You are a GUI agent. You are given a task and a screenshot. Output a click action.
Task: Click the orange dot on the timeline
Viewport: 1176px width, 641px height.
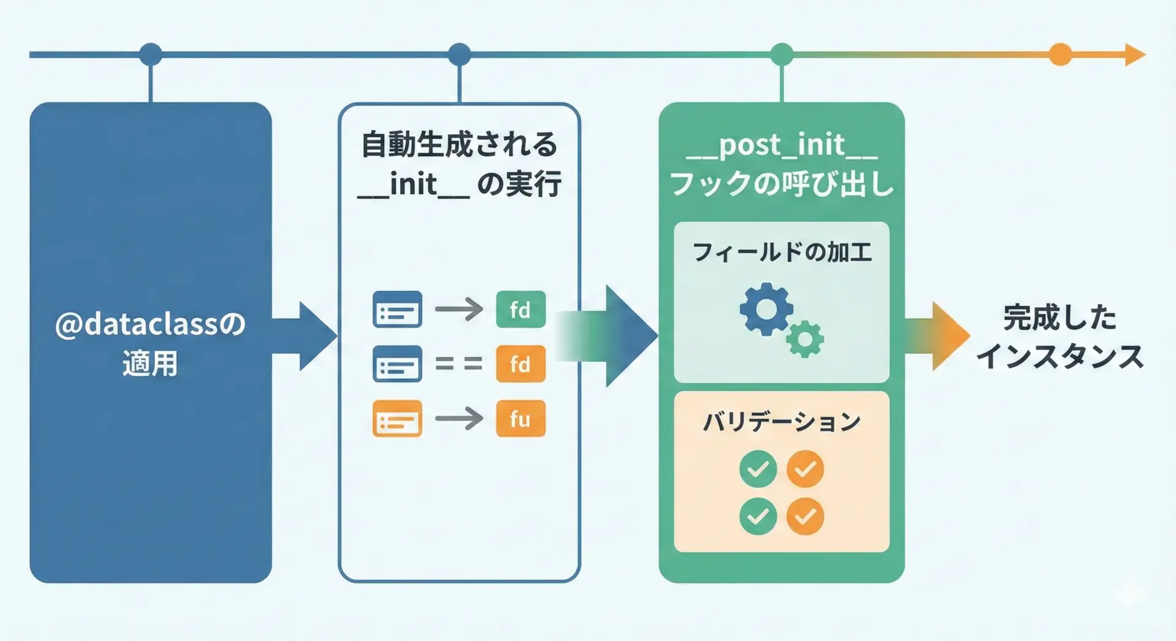(x=1060, y=54)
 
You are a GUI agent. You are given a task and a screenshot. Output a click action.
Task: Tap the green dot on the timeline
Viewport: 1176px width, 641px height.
(x=782, y=54)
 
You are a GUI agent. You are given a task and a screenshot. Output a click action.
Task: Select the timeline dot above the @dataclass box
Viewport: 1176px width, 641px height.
(x=151, y=54)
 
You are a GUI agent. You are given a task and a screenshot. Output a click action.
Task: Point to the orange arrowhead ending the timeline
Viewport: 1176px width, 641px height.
(x=1135, y=54)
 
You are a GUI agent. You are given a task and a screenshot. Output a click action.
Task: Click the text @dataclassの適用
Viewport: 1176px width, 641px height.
(x=150, y=343)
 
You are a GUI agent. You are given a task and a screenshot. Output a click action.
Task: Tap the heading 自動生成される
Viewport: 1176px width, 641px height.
(x=459, y=144)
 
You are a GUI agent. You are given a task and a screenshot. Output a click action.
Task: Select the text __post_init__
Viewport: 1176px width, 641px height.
(x=782, y=146)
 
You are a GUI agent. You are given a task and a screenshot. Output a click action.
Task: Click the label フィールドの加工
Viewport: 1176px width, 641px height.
(x=782, y=252)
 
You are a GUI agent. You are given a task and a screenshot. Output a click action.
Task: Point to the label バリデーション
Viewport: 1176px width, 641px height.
(x=782, y=422)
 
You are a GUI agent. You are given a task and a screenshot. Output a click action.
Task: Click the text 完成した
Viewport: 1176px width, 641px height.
(x=1060, y=317)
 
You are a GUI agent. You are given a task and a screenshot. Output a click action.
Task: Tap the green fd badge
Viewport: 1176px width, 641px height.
(x=521, y=309)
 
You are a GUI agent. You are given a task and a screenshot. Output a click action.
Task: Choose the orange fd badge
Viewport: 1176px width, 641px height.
(x=521, y=364)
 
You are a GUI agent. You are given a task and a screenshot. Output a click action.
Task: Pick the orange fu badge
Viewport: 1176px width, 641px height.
(x=521, y=419)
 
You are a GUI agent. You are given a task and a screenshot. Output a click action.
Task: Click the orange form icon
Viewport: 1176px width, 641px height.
(x=398, y=419)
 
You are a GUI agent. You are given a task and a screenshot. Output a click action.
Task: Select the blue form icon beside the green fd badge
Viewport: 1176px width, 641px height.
(x=398, y=309)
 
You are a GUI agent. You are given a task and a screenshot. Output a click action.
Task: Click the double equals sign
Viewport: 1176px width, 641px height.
(x=459, y=364)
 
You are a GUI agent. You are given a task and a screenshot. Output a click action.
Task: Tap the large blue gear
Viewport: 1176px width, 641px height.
(x=766, y=309)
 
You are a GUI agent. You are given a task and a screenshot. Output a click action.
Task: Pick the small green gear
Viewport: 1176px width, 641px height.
(x=805, y=339)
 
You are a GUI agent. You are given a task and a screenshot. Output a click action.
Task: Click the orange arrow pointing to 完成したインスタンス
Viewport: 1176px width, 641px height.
(x=937, y=336)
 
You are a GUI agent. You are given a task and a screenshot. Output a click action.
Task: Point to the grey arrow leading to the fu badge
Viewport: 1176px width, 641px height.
(x=459, y=419)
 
